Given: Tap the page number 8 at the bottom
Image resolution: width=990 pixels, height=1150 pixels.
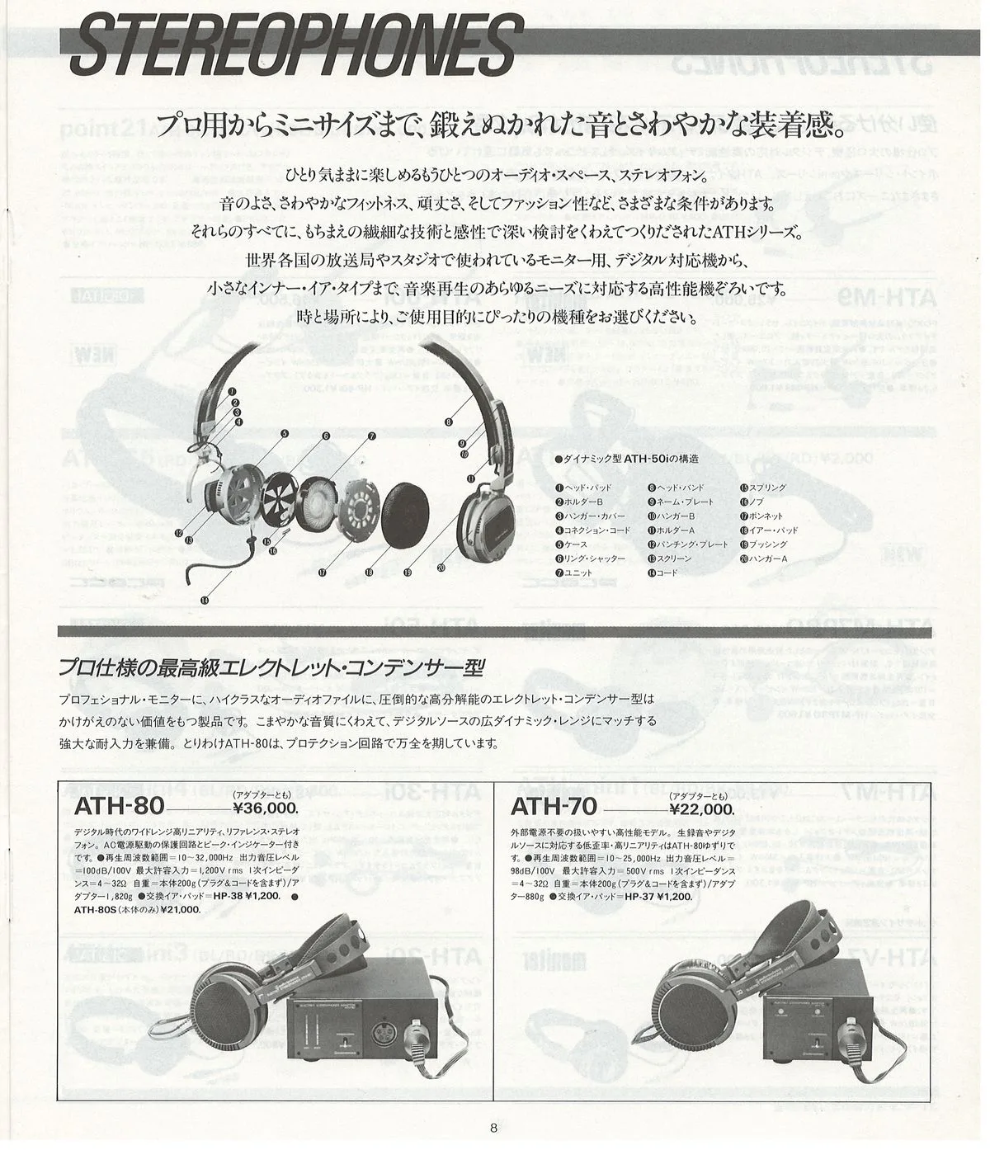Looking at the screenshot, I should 493,1128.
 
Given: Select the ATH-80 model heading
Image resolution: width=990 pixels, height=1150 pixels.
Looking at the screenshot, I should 120,805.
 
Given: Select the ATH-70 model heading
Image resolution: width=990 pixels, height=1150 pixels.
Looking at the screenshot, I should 556,805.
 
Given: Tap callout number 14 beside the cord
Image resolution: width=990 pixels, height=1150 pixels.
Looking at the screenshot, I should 204,601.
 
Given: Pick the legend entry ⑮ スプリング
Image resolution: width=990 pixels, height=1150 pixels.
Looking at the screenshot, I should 764,488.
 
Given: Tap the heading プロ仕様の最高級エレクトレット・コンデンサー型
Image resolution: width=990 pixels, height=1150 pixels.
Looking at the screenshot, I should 271,667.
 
